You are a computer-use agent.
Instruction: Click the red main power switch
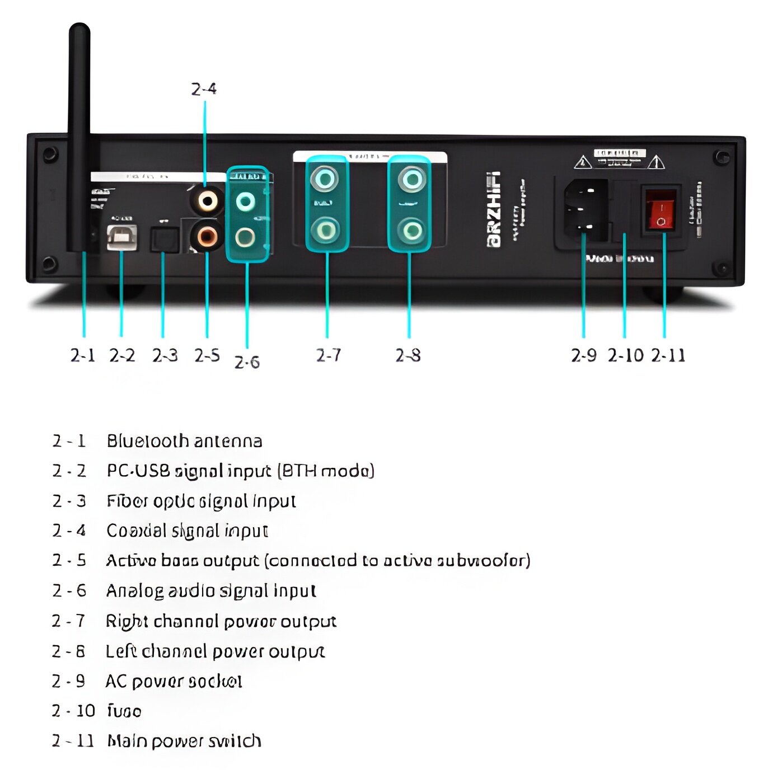[x=661, y=210]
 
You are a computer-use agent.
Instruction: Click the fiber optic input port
[x=165, y=240]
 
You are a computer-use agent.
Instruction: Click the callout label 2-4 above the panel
[x=204, y=89]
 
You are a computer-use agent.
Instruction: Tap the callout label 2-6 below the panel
[x=247, y=363]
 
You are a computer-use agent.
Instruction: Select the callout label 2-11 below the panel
[x=668, y=355]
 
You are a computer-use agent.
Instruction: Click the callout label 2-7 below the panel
[x=328, y=355]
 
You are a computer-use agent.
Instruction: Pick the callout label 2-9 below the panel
[x=584, y=355]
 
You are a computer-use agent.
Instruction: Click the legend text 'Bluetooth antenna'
[x=184, y=441]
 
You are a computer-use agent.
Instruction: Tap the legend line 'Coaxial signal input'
[x=187, y=531]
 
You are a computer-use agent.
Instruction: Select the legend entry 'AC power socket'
[x=174, y=681]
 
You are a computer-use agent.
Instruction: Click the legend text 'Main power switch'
[x=184, y=741]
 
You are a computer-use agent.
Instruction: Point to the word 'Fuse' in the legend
[x=124, y=711]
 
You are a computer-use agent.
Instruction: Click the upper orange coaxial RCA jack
[x=207, y=200]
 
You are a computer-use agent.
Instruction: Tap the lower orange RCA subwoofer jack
[x=207, y=236]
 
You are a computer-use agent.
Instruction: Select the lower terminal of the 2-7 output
[x=326, y=229]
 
